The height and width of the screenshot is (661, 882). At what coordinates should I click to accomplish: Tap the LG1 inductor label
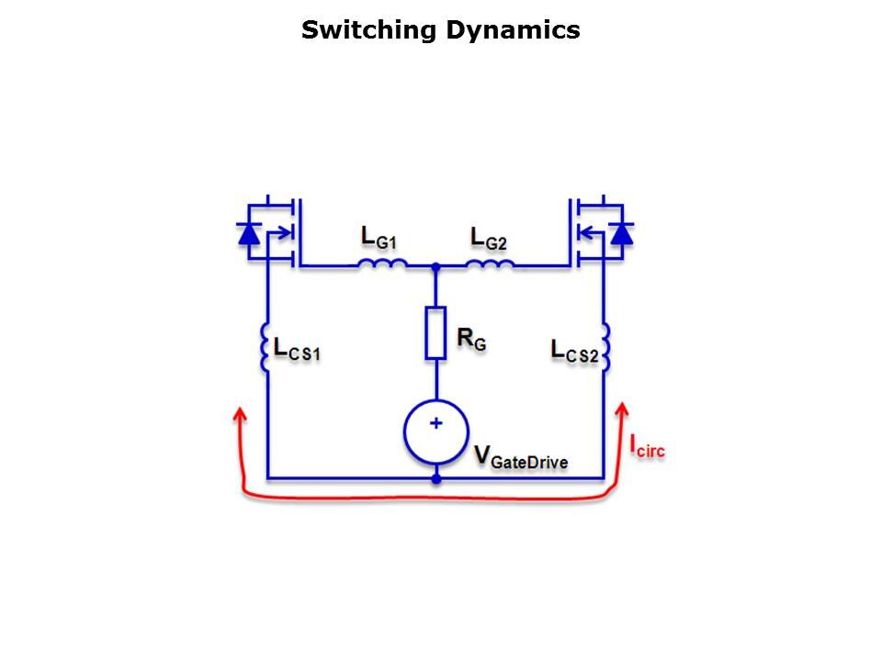380,238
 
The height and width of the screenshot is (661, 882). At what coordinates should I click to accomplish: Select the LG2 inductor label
490,238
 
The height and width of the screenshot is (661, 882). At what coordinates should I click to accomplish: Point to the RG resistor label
471,341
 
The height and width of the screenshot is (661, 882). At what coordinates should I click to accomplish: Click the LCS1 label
297,349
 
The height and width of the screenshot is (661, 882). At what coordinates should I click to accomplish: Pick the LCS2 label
574,351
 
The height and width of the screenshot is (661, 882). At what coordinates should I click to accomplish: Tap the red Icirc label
647,447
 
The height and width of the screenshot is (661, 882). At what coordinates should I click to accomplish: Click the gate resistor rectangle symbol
435,332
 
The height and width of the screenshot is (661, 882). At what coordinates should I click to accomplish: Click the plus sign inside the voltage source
436,423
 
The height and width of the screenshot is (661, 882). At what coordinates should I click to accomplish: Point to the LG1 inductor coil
382,264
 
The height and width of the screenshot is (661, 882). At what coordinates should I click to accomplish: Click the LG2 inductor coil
490,264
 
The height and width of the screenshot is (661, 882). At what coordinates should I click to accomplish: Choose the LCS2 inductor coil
605,347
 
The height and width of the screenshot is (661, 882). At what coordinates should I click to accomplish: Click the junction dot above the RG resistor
436,266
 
